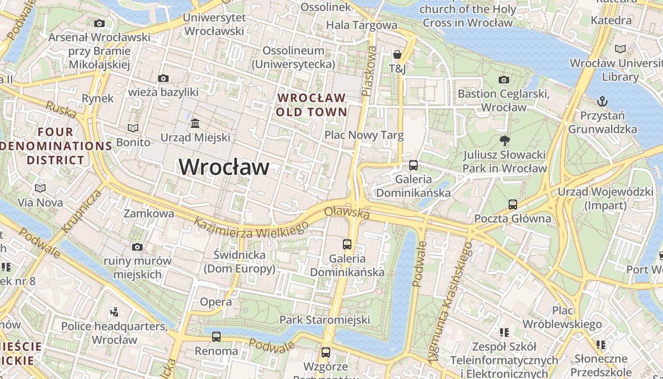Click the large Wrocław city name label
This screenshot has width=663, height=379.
(x=224, y=167)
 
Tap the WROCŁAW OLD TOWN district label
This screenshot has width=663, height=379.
(x=312, y=105)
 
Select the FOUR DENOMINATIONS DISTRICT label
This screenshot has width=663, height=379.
(x=55, y=146)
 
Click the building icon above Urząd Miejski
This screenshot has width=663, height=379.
(x=195, y=124)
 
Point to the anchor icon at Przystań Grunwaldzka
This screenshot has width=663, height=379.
(x=602, y=101)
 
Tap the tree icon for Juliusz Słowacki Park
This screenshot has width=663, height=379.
(x=504, y=140)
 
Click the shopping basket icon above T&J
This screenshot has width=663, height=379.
(x=397, y=55)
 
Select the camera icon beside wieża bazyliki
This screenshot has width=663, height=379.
(x=163, y=78)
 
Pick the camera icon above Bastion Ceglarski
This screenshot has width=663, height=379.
(x=504, y=80)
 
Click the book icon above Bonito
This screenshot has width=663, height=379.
(x=133, y=128)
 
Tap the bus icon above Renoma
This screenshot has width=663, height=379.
(x=216, y=337)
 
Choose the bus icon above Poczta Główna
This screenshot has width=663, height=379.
(x=513, y=205)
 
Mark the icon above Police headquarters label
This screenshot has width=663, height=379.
(x=114, y=312)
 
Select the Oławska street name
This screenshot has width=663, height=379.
(x=347, y=213)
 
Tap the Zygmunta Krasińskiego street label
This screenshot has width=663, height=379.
(x=450, y=303)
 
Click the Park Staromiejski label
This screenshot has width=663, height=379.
(x=324, y=320)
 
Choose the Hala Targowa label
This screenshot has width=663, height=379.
(x=362, y=25)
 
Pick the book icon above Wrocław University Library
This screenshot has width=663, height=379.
(x=620, y=49)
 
